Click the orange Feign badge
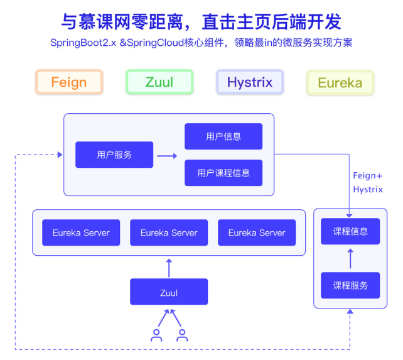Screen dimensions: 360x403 click(x=69, y=82)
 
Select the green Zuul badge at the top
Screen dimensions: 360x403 click(x=159, y=82)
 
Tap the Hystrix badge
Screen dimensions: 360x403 click(x=250, y=82)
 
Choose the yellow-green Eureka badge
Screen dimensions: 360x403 click(x=340, y=83)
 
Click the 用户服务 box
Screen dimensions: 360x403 click(x=114, y=155)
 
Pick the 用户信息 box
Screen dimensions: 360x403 click(x=223, y=136)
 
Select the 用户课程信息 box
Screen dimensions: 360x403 click(x=223, y=173)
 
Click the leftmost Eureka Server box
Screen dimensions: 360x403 click(x=81, y=232)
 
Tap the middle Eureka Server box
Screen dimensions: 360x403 click(x=169, y=232)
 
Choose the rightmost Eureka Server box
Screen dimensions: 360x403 click(x=257, y=232)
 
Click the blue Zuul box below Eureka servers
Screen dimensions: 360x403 click(x=169, y=292)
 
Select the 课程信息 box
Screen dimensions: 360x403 click(x=350, y=231)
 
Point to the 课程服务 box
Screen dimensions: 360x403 click(x=350, y=285)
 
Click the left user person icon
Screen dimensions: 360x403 click(x=156, y=335)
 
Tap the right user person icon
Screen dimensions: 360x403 click(x=182, y=335)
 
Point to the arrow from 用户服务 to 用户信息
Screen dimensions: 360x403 click(x=168, y=155)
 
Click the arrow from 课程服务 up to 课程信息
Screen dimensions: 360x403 click(x=350, y=258)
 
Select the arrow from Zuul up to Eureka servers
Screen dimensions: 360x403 click(x=169, y=267)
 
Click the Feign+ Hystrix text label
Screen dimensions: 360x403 click(x=367, y=182)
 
